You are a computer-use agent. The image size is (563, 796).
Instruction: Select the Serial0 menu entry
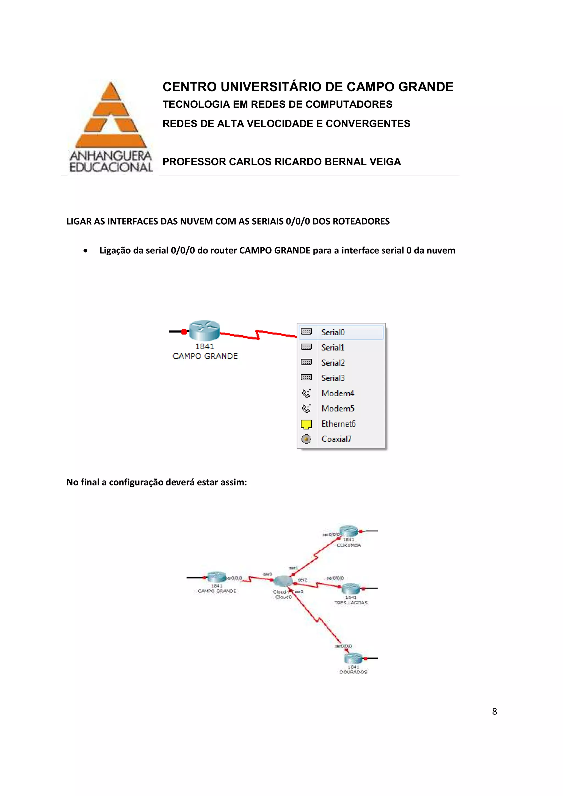click(333, 332)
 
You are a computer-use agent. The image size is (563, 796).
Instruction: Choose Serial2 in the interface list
click(333, 363)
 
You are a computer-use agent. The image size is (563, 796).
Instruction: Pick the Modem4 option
click(337, 393)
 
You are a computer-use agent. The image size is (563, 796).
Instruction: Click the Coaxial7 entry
click(336, 439)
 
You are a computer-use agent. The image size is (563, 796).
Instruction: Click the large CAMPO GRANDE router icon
click(204, 330)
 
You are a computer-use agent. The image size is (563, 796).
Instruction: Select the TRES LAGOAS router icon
click(351, 588)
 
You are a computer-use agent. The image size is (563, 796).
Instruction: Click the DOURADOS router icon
click(353, 658)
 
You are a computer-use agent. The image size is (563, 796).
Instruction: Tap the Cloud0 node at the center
click(283, 581)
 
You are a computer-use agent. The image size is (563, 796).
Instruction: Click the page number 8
click(494, 711)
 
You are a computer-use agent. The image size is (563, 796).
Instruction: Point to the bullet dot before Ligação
click(85, 251)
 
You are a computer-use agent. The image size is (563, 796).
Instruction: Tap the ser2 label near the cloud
click(302, 580)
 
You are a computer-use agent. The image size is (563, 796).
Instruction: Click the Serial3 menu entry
click(333, 378)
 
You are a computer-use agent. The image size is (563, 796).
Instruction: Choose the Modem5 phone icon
click(306, 408)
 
